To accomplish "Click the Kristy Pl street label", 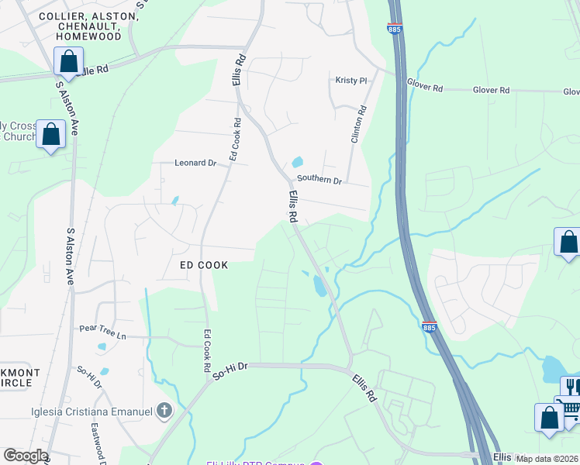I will [350, 81].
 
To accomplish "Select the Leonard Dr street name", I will [195, 164].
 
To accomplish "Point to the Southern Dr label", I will [319, 181].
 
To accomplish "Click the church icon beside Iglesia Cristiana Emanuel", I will [164, 411].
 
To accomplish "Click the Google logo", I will [26, 456].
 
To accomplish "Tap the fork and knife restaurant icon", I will [571, 386].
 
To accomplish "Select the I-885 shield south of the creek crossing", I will [430, 327].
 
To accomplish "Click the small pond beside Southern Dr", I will [298, 163].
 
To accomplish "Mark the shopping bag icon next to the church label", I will [51, 133].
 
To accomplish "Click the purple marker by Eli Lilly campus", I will [316, 463].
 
